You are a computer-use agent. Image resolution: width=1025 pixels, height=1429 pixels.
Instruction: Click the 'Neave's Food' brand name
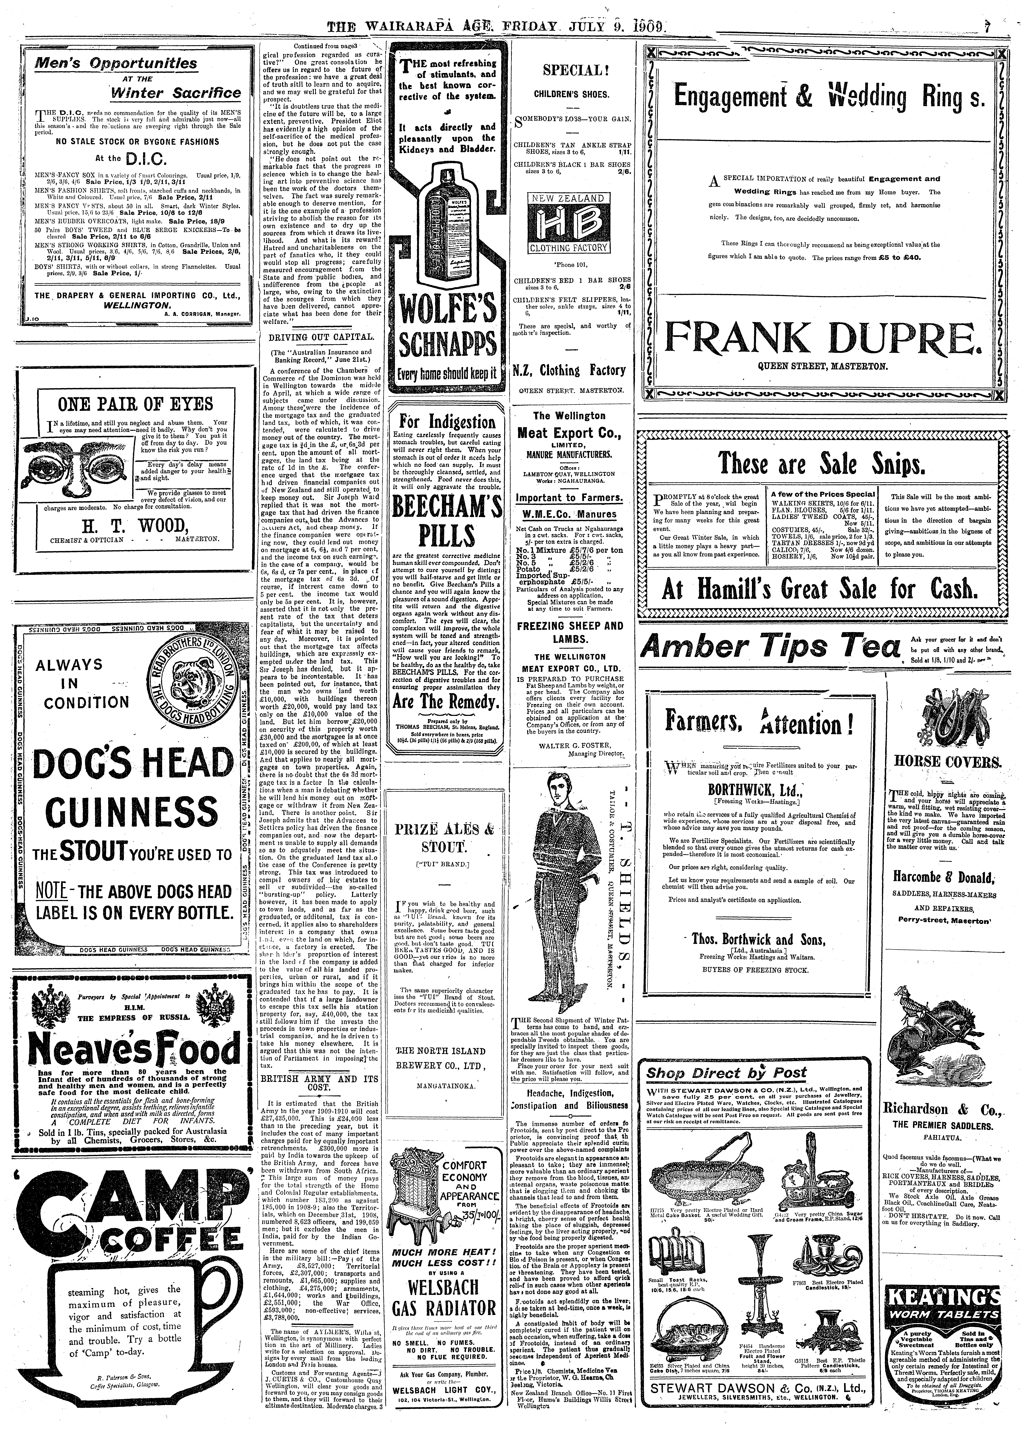point(130,1051)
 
